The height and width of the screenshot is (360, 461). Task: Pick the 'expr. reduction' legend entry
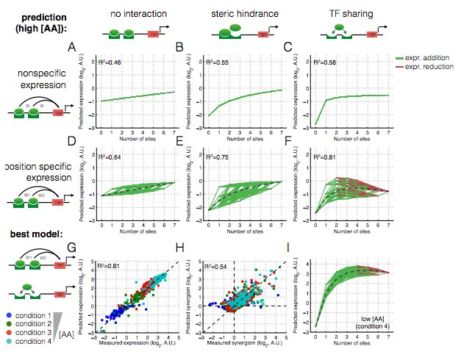[x=424, y=66]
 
